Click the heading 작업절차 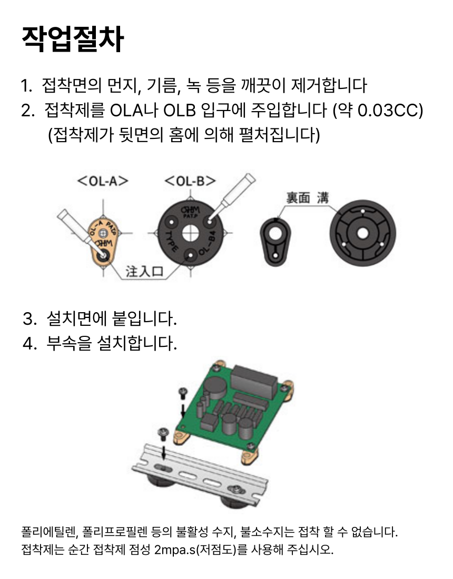tap(73, 39)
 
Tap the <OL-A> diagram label tap(103, 181)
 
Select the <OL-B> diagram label tap(190, 181)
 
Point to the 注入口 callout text tap(144, 272)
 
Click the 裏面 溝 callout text tap(308, 197)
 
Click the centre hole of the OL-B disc tap(190, 233)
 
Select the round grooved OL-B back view tap(362, 233)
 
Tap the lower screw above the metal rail tap(163, 434)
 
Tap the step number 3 tap(28, 318)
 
